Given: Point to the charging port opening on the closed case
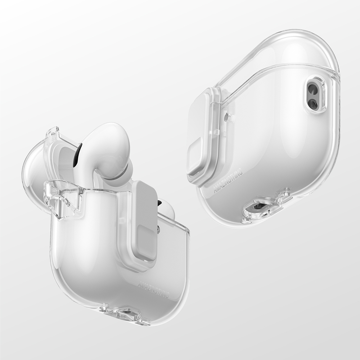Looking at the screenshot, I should (x=259, y=207).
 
